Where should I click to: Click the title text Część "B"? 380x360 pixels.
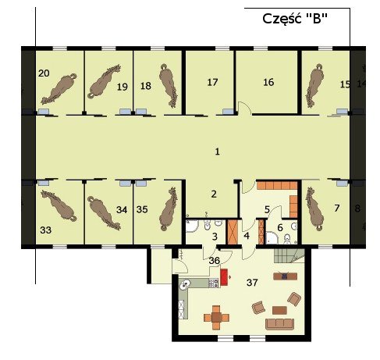295,19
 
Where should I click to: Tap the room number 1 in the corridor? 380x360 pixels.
217,151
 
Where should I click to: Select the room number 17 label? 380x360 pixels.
212,82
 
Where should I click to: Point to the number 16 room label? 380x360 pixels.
268,82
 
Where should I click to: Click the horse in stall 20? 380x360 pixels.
59,88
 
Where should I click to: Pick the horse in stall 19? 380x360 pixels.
104,81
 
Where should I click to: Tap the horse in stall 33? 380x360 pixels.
59,205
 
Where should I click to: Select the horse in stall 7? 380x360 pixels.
314,209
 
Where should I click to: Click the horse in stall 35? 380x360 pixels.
168,209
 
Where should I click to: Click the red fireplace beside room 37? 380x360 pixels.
224,277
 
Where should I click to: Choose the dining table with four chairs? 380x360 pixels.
216,318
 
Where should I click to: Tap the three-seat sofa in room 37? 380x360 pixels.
279,324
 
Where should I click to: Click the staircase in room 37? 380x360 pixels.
289,255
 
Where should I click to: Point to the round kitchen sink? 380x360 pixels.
186,283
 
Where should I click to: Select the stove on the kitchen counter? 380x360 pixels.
213,283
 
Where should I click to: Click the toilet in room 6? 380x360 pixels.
287,239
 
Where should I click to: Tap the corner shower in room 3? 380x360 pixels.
192,226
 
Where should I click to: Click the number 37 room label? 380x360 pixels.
252,283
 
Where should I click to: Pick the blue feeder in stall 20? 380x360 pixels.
44,112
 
